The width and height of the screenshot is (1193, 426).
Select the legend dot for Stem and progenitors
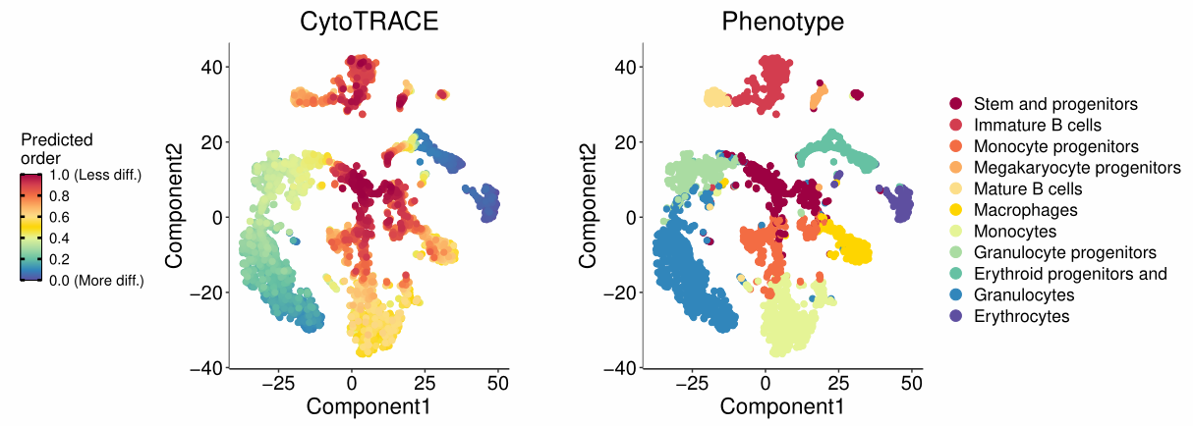click(955, 104)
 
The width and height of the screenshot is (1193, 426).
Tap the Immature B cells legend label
click(1037, 126)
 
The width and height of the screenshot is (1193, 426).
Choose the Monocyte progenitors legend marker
click(955, 146)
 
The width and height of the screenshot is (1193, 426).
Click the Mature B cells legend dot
click(955, 189)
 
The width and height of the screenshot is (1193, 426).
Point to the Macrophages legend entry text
click(1025, 210)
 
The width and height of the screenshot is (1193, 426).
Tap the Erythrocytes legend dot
click(955, 317)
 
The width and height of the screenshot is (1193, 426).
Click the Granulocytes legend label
click(1023, 295)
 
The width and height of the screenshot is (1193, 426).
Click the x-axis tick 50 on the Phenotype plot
click(912, 382)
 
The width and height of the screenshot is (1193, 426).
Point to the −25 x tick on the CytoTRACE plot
click(277, 382)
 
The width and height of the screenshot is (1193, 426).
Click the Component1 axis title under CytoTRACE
click(368, 405)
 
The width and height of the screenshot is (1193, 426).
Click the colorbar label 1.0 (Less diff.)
click(94, 176)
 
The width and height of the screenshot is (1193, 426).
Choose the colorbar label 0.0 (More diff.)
click(95, 281)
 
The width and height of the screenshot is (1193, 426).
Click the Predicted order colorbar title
click(57, 149)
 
